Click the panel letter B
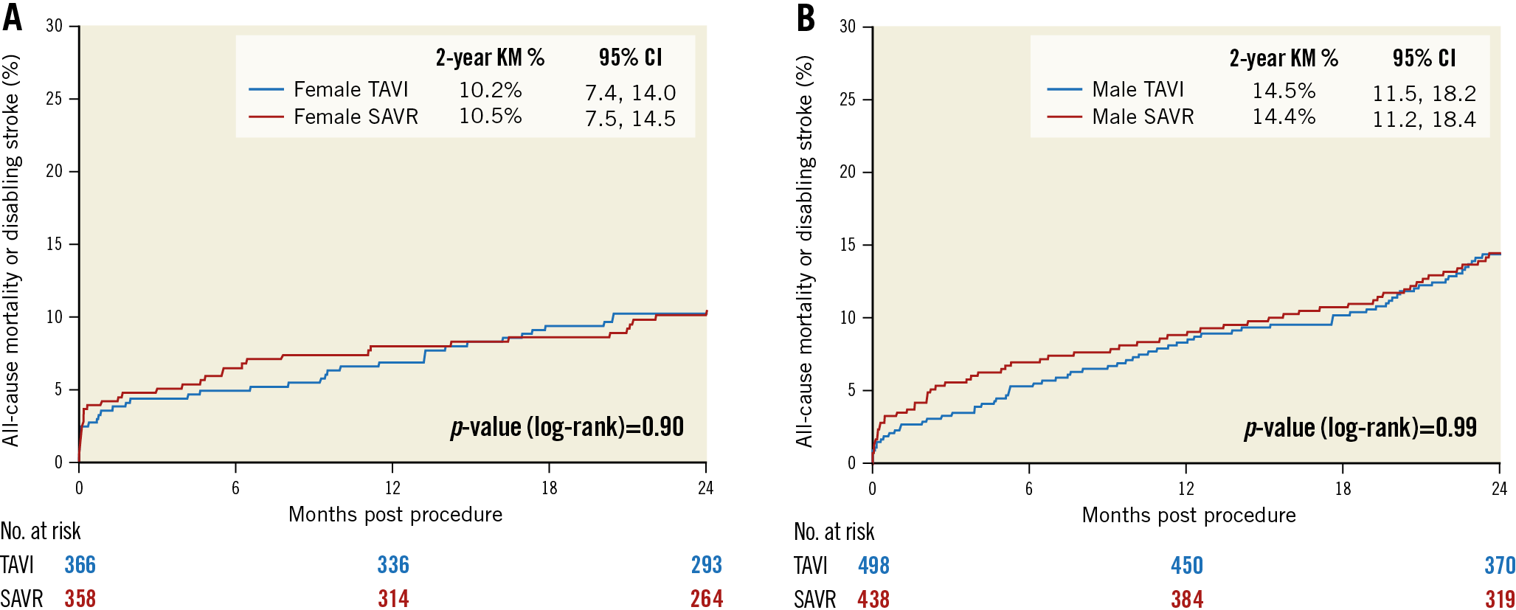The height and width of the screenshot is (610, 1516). (806, 17)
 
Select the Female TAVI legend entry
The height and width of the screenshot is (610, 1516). (350, 89)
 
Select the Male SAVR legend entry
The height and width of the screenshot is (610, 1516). (1142, 117)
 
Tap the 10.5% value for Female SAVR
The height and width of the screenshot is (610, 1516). (490, 116)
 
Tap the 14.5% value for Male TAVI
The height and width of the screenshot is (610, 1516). (1284, 91)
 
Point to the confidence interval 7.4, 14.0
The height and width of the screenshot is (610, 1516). (630, 93)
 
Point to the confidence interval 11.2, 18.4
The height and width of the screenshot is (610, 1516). (1424, 119)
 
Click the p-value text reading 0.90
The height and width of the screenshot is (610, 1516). (567, 427)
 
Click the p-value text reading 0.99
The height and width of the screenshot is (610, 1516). (1360, 428)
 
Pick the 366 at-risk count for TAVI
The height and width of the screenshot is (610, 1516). (80, 565)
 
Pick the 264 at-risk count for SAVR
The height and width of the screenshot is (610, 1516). (706, 598)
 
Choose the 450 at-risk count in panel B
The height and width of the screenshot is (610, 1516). (1186, 566)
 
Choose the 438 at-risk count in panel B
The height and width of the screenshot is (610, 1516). (873, 599)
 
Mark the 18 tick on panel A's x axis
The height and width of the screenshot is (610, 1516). (549, 488)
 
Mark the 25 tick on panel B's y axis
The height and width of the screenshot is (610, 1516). (847, 99)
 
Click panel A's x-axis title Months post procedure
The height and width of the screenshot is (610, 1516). (395, 514)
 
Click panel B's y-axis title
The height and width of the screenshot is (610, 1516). (804, 251)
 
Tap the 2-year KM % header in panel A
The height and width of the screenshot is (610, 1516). (490, 58)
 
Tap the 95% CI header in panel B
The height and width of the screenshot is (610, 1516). (1424, 58)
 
